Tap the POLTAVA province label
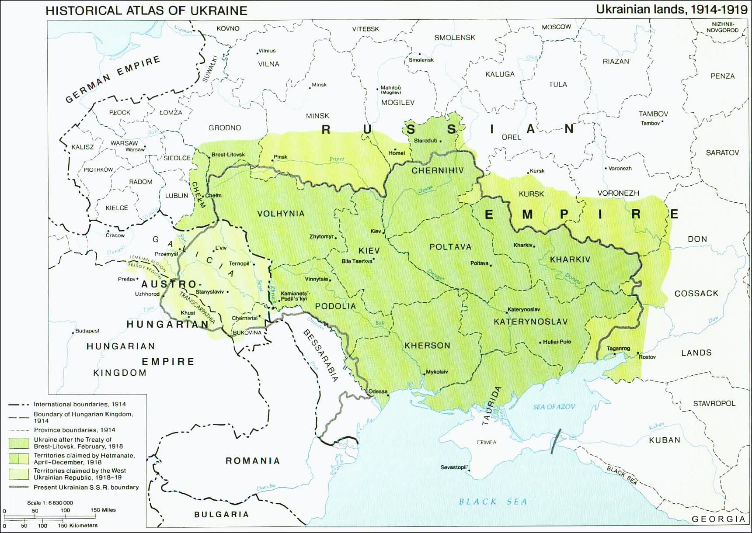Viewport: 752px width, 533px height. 450,247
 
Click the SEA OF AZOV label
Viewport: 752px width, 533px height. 554,407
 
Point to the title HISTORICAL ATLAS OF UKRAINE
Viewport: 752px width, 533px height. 146,10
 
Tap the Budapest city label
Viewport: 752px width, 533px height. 87,331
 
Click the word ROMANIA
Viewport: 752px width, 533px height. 252,460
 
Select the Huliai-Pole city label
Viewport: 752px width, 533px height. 557,342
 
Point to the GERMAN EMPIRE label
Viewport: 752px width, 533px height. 113,80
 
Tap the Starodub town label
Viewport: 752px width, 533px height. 425,141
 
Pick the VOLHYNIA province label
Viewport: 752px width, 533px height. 281,214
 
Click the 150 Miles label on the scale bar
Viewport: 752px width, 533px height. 103,510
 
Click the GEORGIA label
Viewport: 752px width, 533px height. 718,519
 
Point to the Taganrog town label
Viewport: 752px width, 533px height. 618,348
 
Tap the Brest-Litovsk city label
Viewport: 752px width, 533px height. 228,155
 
